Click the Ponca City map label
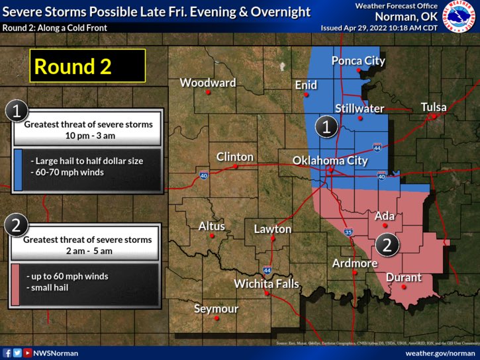click(358, 61)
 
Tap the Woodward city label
click(208, 83)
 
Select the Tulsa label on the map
click(433, 107)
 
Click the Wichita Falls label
click(267, 284)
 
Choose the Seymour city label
click(216, 308)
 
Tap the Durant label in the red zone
click(404, 277)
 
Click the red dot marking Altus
click(212, 236)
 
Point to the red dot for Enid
click(305, 95)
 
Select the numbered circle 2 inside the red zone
click(387, 245)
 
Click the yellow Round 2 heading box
click(87, 66)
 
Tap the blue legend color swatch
click(18, 169)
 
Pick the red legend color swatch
click(16, 285)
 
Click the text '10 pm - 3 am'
click(89, 135)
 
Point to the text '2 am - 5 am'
click(88, 251)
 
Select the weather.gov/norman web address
click(439, 353)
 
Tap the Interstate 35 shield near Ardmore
click(349, 232)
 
